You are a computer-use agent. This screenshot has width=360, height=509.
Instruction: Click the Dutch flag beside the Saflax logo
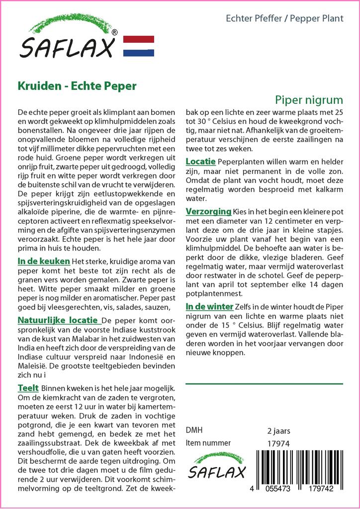(x=138, y=46)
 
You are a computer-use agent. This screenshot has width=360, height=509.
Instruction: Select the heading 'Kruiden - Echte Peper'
(x=77, y=85)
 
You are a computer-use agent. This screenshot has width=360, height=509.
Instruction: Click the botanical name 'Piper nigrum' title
(x=309, y=99)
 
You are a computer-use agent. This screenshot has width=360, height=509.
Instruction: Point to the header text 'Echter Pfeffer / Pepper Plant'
(x=284, y=19)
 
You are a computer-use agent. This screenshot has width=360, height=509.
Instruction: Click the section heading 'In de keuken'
(x=44, y=261)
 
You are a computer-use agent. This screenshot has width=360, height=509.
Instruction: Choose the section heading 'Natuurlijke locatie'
(x=58, y=319)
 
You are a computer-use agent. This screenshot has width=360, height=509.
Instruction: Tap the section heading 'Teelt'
(x=28, y=387)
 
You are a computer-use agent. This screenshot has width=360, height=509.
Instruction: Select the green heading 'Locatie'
(x=200, y=162)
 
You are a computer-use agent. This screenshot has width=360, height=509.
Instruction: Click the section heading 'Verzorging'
(x=208, y=211)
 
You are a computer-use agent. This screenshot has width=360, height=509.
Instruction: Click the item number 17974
(x=278, y=443)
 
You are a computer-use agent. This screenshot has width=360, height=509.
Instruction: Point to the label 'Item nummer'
(x=208, y=443)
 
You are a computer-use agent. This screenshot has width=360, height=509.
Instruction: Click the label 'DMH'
(x=194, y=430)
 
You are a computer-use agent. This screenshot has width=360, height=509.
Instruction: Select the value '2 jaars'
(x=278, y=431)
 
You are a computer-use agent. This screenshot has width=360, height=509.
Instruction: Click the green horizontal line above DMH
(x=264, y=384)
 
